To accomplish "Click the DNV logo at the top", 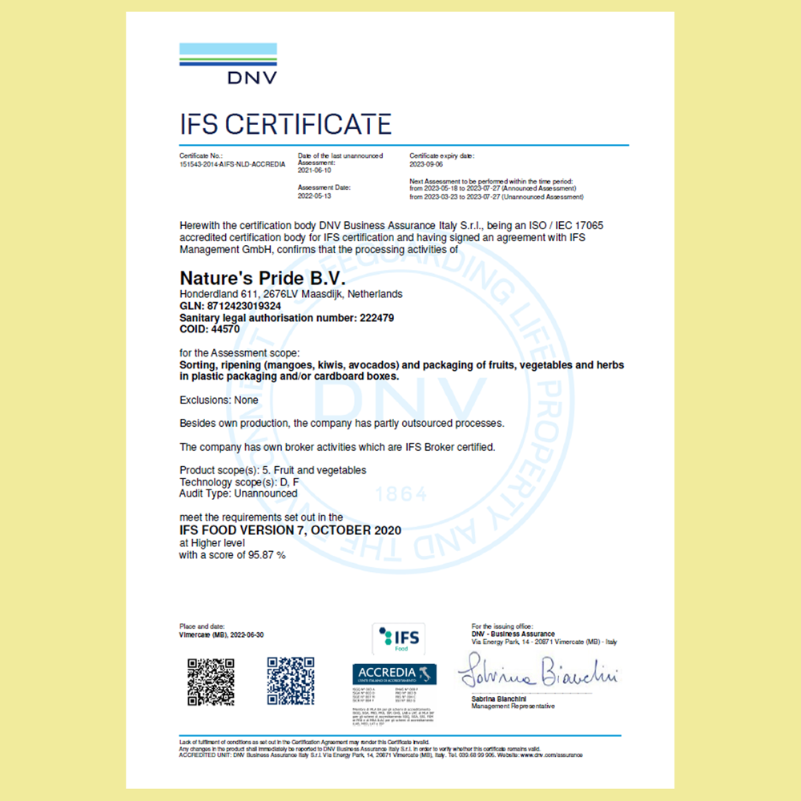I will coord(228,63).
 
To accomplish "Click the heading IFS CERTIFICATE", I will coord(285,124).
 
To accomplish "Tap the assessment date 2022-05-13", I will coord(314,195).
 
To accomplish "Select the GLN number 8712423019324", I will coord(251,306).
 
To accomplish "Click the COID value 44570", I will coord(226,328).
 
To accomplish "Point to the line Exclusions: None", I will coord(219,400).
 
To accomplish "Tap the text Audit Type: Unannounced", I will coord(238,493).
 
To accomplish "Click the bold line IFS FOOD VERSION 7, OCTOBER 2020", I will coord(290,530).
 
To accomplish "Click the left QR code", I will coord(211,681).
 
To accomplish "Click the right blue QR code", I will coord(290,681).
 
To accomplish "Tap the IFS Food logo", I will coord(400,639).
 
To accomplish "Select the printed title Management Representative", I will coord(513,706).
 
